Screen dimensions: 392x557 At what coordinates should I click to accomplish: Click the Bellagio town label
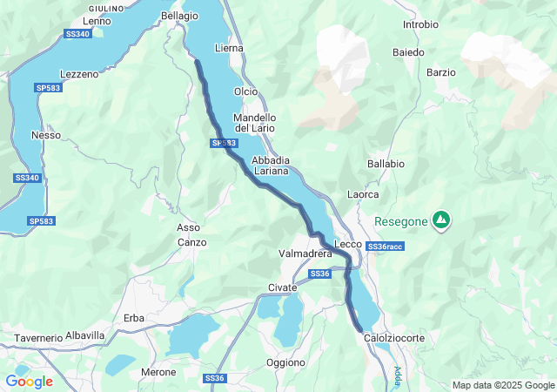point(179,16)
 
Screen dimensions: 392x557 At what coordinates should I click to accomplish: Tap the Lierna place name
point(229,49)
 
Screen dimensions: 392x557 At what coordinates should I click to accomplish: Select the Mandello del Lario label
point(255,123)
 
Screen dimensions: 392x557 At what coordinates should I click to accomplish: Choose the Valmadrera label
point(305,253)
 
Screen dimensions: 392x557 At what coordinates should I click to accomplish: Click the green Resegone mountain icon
point(442,220)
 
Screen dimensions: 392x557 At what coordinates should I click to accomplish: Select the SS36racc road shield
point(385,247)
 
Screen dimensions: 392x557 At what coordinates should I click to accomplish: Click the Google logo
point(29,382)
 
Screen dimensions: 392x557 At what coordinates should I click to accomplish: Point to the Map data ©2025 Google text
point(502,386)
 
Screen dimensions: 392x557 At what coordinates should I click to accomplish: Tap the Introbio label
point(420,24)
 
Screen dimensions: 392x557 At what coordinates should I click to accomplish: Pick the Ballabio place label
point(386,163)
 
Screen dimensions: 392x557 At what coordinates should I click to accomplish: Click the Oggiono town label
point(285,362)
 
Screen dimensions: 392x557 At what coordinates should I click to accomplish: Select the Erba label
point(134,318)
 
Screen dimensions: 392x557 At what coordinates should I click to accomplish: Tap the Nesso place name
point(45,135)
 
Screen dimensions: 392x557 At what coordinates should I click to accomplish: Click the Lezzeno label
point(79,74)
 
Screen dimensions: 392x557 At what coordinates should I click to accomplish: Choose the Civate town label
point(282,287)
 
